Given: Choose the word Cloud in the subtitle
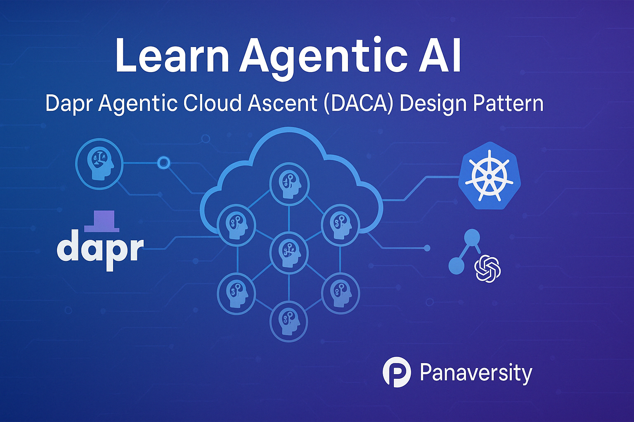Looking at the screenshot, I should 212,103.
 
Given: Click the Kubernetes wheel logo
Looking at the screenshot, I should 489,176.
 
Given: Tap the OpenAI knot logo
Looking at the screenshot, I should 488,269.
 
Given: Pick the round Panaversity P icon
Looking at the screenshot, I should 397,372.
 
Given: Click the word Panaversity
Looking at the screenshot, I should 476,373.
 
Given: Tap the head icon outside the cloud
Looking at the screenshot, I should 99,164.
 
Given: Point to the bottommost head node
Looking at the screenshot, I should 289,320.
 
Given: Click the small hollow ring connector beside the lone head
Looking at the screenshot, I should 164,163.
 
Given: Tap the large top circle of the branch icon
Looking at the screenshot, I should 472,237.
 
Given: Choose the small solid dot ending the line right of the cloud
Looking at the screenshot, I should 427,248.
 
